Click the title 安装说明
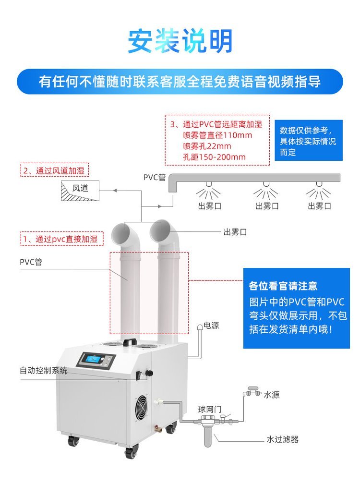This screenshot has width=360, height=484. (x=180, y=41)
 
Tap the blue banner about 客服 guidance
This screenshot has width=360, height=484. (x=180, y=82)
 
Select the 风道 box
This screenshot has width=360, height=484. (x=80, y=189)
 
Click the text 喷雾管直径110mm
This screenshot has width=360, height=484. (x=217, y=135)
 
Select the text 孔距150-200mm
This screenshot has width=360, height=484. (x=214, y=157)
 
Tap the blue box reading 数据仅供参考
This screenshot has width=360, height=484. (x=308, y=141)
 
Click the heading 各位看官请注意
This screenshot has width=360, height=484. (x=283, y=287)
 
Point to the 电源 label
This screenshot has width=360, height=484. (x=211, y=326)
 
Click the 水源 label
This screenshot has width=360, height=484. (x=271, y=395)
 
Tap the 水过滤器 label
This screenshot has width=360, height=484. (x=282, y=439)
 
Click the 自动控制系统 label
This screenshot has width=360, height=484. (x=43, y=371)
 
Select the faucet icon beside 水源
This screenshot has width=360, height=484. (x=251, y=392)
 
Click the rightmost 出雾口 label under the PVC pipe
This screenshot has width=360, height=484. (x=319, y=206)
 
